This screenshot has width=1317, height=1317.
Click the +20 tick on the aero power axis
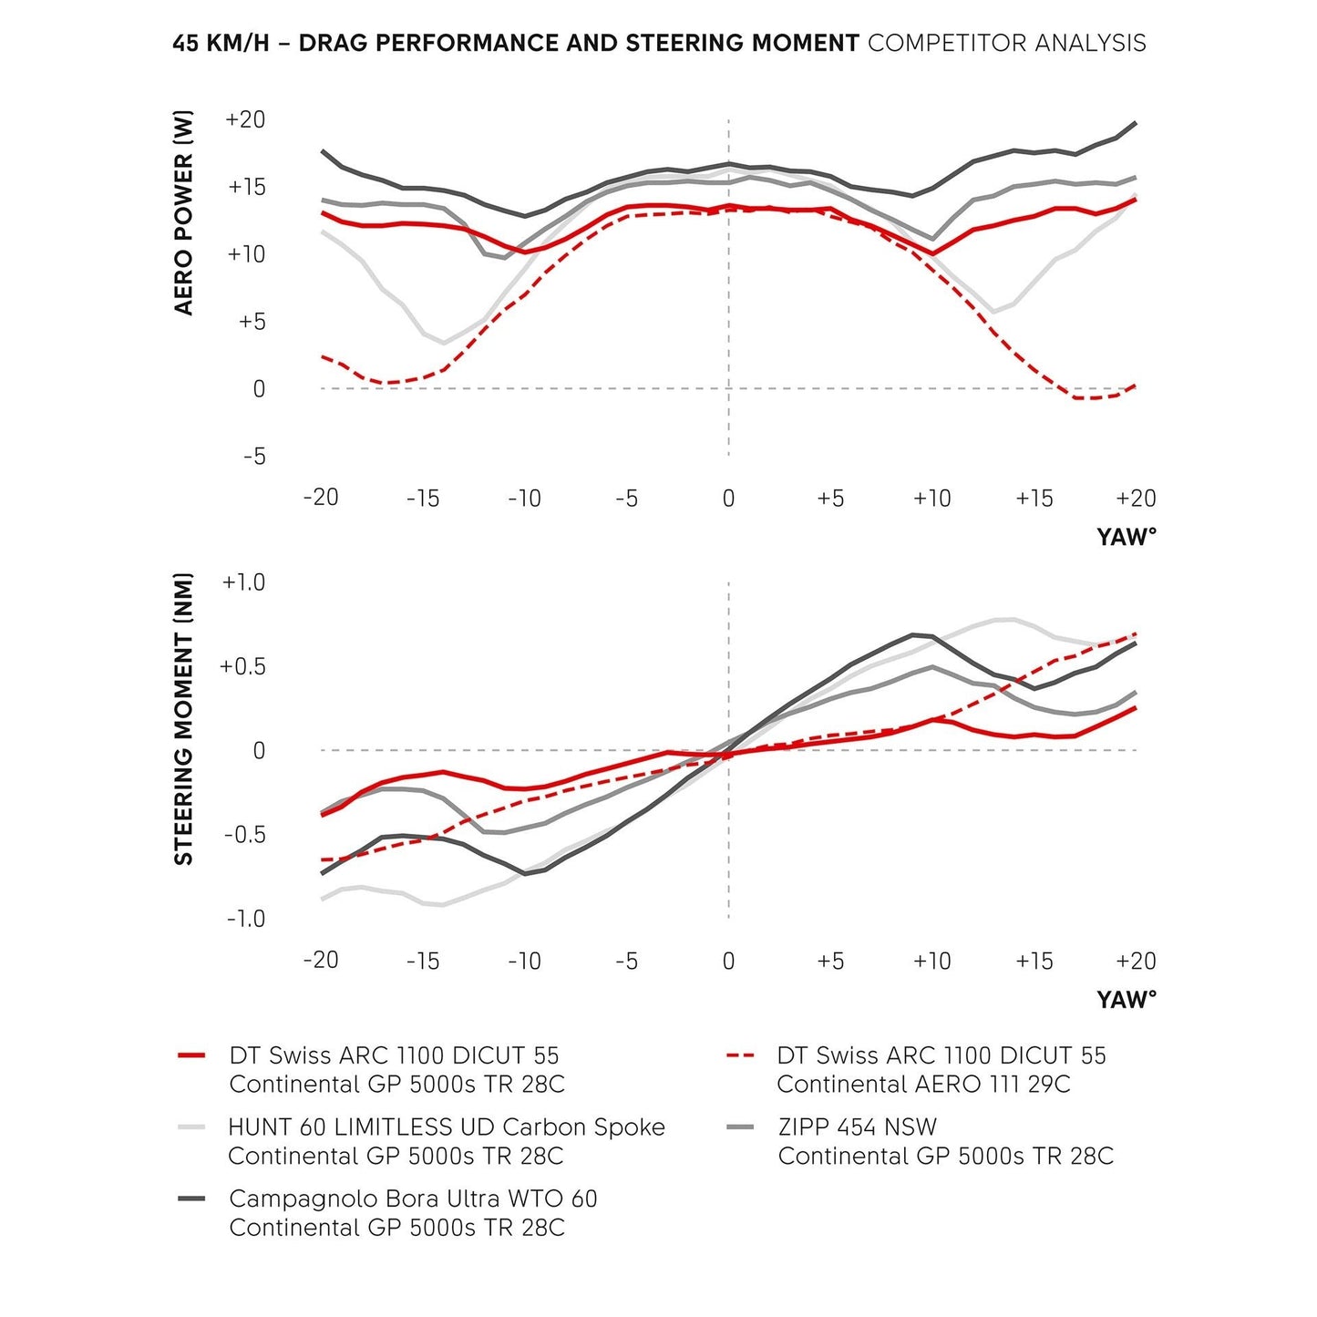[x=245, y=119]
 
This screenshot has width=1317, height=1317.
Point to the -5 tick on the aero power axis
[x=254, y=456]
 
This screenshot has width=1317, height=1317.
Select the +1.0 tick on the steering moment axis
[x=243, y=582]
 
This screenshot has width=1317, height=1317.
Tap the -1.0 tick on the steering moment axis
[x=246, y=919]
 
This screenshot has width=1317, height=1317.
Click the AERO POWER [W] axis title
[x=184, y=212]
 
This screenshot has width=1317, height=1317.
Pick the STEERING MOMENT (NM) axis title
[x=184, y=718]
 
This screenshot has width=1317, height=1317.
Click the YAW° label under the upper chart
[x=1127, y=537]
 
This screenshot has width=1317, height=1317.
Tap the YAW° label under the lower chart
[x=1127, y=1000]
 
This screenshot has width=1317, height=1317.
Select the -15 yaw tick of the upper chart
[x=423, y=499]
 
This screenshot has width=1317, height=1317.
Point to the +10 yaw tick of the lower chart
[x=931, y=962]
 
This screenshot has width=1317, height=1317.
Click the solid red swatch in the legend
[x=191, y=1055]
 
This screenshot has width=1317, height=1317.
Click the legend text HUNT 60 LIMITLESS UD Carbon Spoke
[x=447, y=1127]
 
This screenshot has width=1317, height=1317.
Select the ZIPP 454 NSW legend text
[x=858, y=1127]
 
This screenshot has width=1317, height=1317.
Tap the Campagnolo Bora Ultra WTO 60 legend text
[x=413, y=1199]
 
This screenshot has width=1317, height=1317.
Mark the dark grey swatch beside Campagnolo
[x=191, y=1199]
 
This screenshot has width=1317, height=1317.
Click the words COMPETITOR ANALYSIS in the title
[x=1006, y=43]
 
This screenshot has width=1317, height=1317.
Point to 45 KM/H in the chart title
[x=221, y=43]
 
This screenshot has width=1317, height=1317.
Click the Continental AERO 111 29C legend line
[x=923, y=1085]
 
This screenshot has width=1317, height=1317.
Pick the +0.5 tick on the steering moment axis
[x=243, y=666]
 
